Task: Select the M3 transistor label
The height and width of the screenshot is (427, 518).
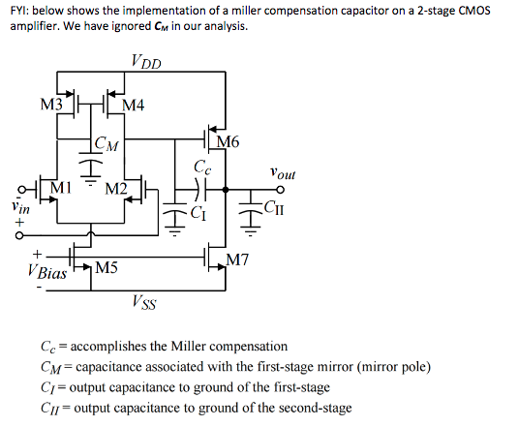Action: [x=52, y=104]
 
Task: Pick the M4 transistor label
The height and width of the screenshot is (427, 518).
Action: [x=134, y=106]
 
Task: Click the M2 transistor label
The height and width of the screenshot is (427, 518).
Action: [x=116, y=186]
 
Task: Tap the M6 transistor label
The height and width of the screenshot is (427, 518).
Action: [x=229, y=142]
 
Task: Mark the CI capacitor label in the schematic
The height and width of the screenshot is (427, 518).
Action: [x=198, y=212]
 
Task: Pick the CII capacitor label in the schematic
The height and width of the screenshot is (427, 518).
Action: [x=276, y=205]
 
